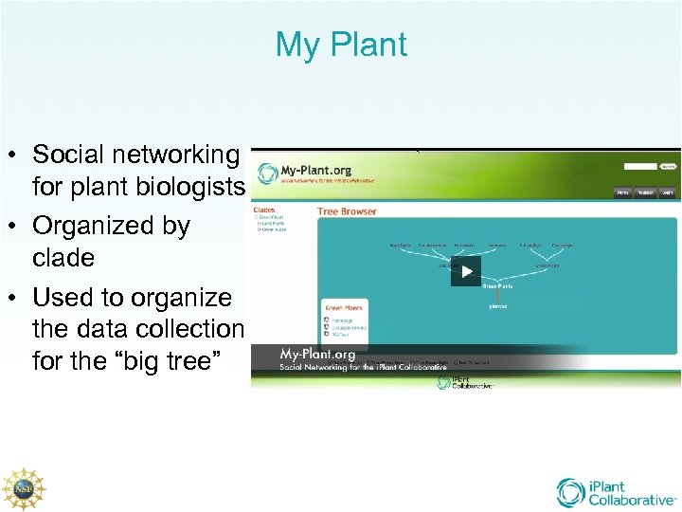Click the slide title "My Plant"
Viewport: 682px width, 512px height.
(341, 45)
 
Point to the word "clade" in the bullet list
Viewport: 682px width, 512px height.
(63, 258)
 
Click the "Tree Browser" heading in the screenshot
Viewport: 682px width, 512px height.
(347, 211)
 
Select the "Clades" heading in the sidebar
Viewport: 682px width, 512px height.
(264, 210)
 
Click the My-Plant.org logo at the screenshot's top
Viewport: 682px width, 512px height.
(316, 172)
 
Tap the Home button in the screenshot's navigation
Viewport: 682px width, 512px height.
(622, 192)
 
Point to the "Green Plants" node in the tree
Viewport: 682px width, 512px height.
(498, 285)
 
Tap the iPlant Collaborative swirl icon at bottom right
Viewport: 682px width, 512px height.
(572, 492)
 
